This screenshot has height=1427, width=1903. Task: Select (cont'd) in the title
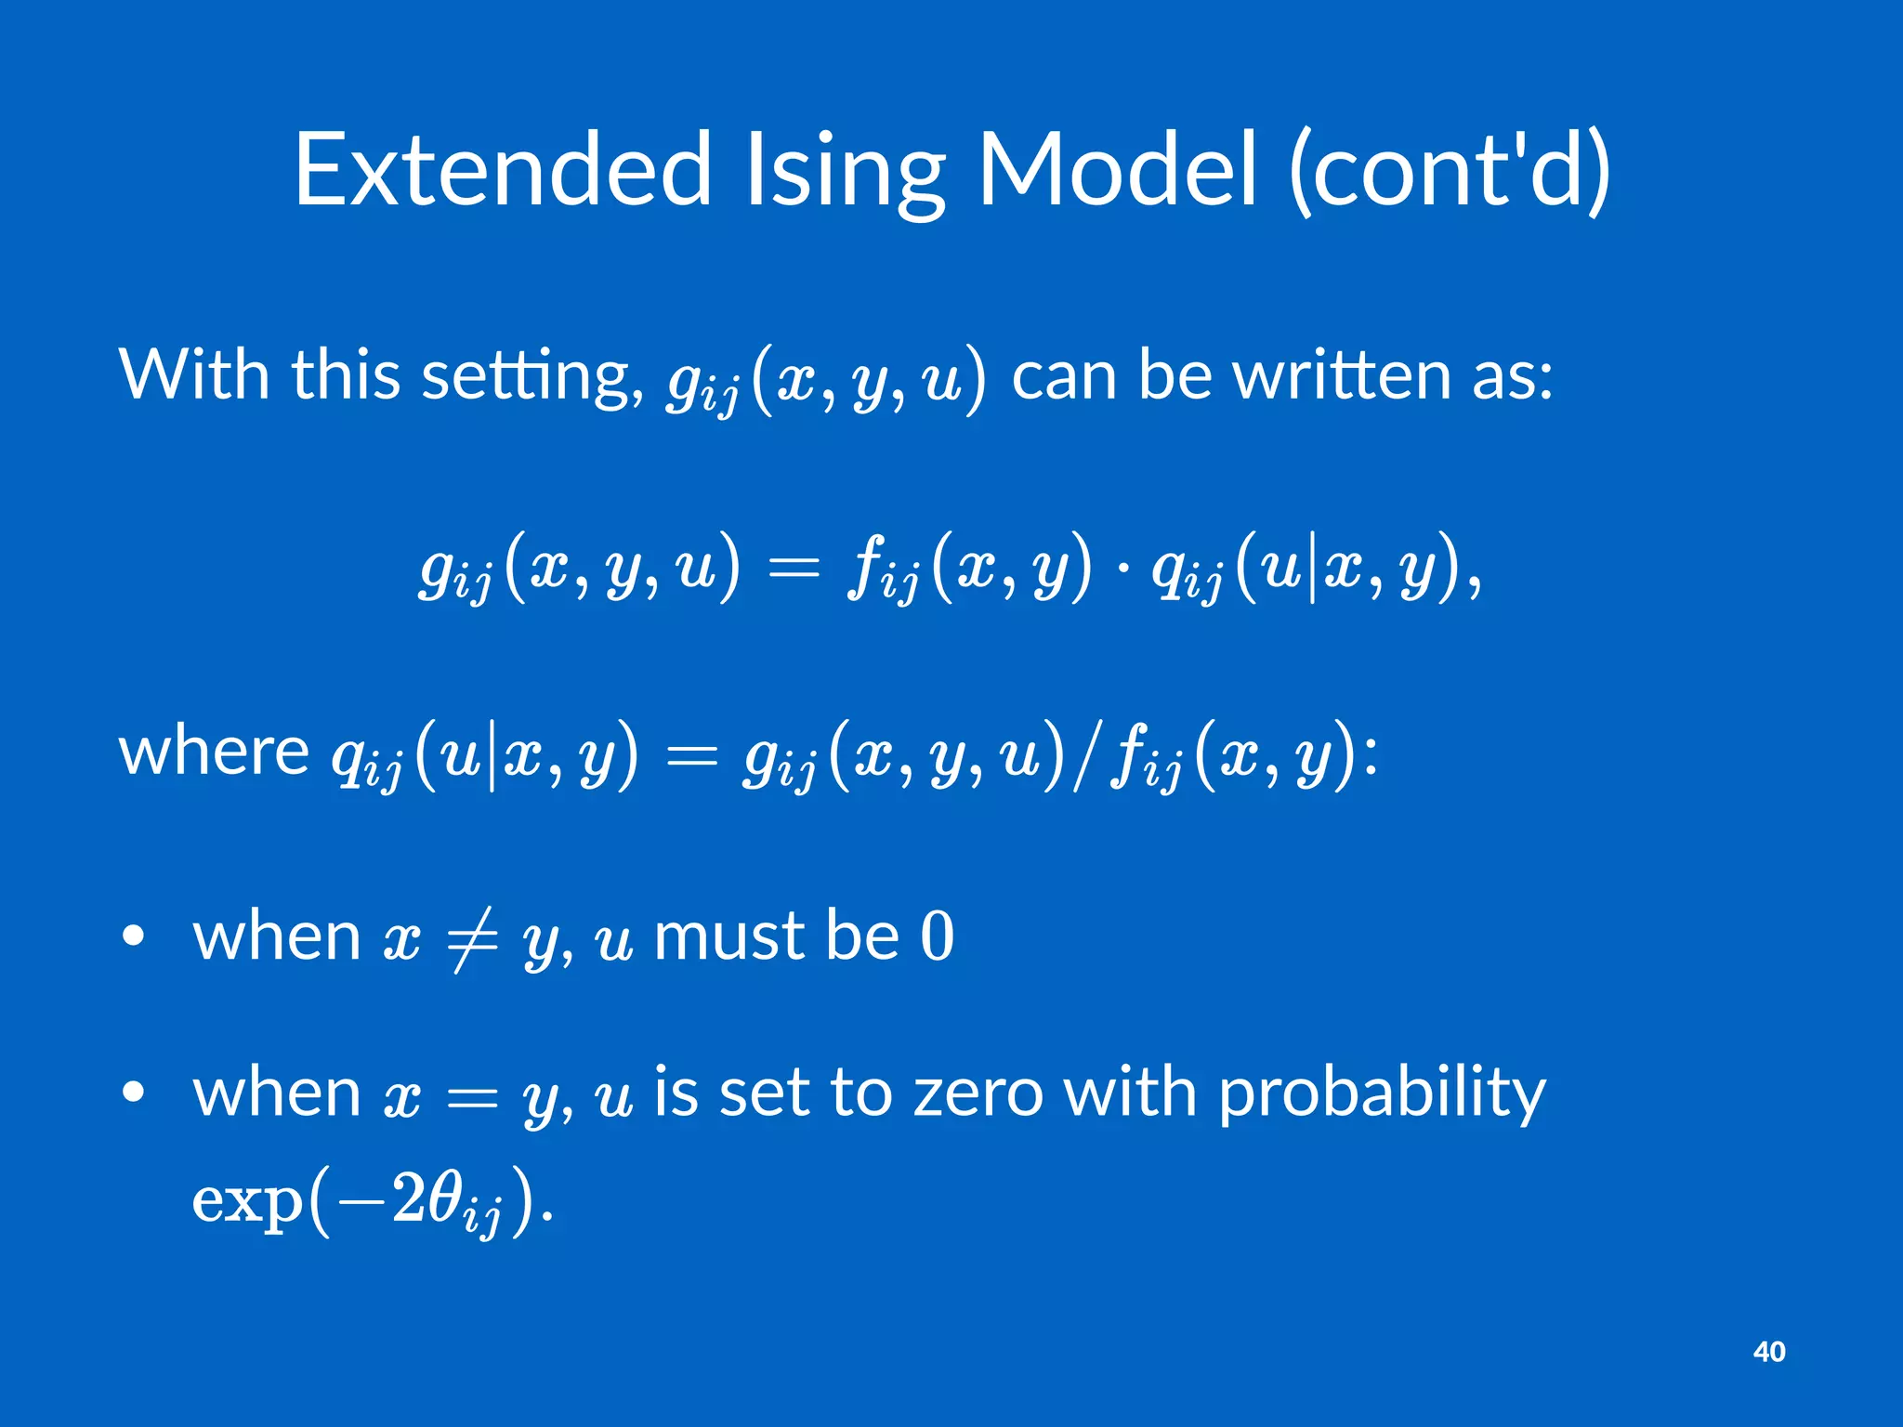[1450, 172]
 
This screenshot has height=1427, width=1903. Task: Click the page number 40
[1768, 1352]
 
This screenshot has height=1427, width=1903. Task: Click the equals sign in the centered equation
[795, 567]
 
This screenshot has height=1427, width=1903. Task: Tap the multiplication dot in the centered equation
[1123, 567]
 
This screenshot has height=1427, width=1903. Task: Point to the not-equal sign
[472, 938]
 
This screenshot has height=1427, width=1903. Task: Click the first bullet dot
[134, 936]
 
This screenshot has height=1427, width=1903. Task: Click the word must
[728, 936]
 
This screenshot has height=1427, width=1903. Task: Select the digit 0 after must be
[937, 936]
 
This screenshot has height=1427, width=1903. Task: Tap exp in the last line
[247, 1202]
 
